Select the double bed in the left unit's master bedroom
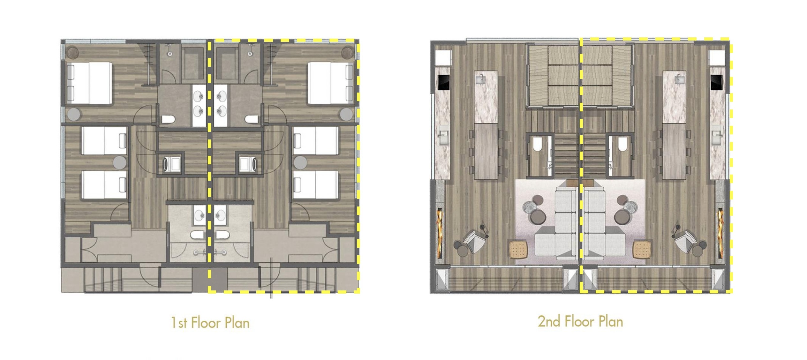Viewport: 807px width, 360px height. [89, 83]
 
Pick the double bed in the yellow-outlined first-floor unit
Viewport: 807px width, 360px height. [331, 83]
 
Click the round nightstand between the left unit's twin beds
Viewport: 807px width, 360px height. [120, 162]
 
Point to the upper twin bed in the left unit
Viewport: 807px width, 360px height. [104, 141]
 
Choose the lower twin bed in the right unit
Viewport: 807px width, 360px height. [315, 184]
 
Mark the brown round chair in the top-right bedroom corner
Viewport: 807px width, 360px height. [348, 52]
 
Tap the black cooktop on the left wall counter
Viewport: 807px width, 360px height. [443, 82]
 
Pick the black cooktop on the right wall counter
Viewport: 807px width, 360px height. [717, 82]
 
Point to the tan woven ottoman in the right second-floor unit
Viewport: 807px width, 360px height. [642, 250]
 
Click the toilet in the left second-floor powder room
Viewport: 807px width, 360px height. [537, 144]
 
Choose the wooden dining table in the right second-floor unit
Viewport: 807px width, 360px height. [674, 152]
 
